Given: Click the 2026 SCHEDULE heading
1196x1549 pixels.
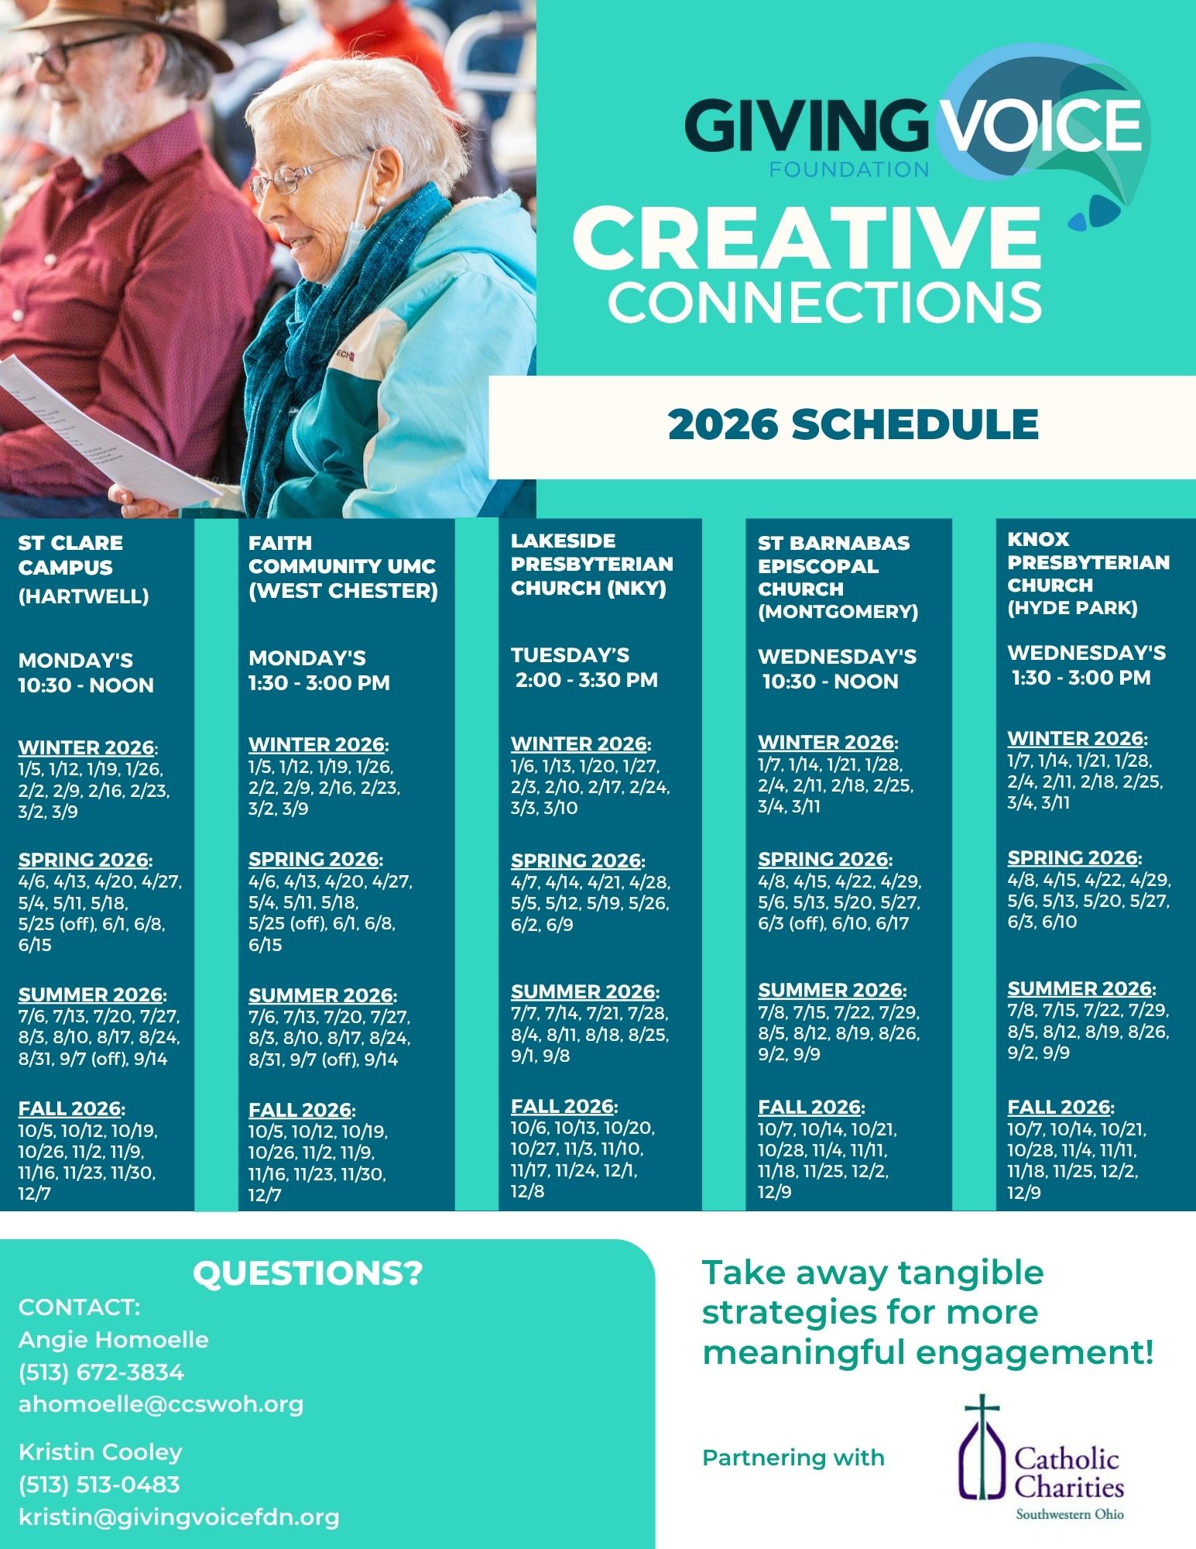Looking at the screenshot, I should coord(852,424).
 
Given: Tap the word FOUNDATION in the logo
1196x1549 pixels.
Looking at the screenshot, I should coord(848,169).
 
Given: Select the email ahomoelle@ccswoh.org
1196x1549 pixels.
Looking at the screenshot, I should coord(161,1404).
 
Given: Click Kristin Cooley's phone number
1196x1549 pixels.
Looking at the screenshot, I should coord(99,1484).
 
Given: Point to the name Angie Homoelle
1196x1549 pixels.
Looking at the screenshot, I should coord(114,1339).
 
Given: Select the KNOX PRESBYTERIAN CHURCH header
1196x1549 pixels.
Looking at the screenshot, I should coord(1088,573).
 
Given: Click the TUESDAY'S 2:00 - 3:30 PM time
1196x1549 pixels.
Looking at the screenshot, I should coord(584,668).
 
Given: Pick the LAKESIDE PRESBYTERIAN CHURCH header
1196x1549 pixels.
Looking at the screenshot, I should coord(591,564).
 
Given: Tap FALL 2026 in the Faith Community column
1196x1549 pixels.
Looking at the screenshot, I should coord(300,1110).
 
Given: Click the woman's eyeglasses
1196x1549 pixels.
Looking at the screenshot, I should coord(298,179).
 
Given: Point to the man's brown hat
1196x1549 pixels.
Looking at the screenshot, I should coord(116,23).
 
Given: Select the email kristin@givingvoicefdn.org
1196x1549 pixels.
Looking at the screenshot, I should coord(179,1516).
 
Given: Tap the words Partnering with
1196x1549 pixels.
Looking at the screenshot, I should coord(793,1458).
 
